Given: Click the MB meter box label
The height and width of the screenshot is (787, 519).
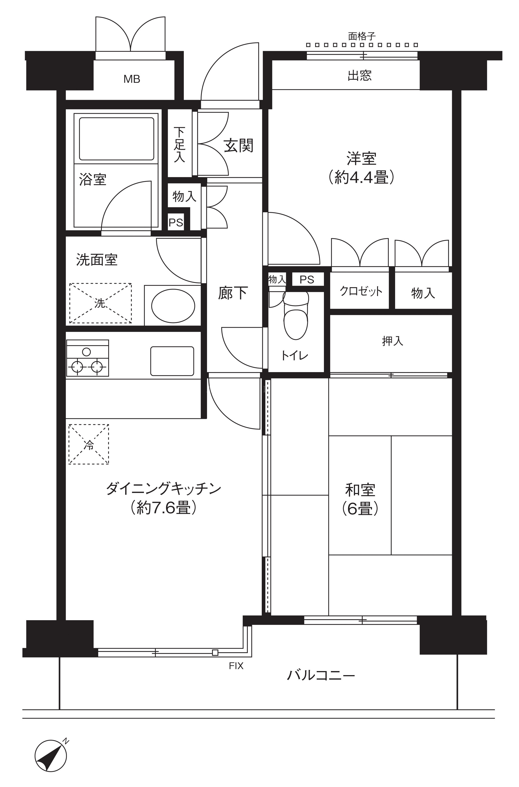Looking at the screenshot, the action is pos(132,79).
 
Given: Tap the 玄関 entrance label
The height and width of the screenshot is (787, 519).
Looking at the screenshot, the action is pos(238,146).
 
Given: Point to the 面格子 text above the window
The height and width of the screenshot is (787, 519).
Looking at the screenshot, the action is pos(362,36).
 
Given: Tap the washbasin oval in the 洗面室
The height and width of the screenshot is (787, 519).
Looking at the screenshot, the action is pos(173,306).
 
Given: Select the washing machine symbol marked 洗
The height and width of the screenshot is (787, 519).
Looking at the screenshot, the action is pos(100,303).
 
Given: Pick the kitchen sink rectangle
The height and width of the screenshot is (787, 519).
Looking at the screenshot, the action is pos(172,361).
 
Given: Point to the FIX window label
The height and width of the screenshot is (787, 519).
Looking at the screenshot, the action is pos(236,666).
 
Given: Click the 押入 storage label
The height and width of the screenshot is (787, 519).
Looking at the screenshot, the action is pos(393,341).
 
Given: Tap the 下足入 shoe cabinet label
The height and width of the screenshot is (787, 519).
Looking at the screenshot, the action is pos(179,145).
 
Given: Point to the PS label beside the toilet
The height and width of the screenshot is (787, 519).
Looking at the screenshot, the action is pos(307,280).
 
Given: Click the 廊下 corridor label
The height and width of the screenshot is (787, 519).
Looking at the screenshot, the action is pos(233,293).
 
